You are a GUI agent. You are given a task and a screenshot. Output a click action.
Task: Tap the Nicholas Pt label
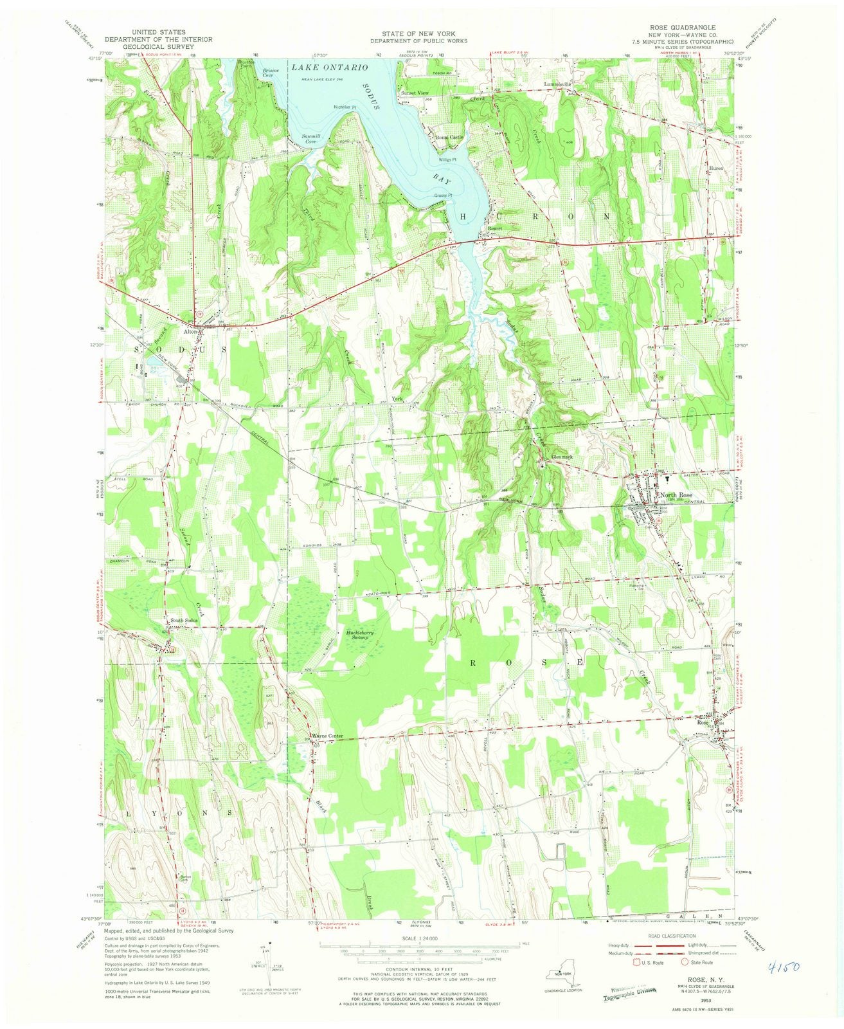(x=345, y=107)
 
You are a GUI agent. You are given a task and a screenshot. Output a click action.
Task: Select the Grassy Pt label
(x=444, y=196)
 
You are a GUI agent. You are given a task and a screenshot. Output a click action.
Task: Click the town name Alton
(x=191, y=332)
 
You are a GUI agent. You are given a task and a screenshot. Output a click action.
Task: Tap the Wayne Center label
(x=328, y=736)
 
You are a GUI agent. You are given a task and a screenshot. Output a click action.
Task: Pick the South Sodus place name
(x=183, y=621)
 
